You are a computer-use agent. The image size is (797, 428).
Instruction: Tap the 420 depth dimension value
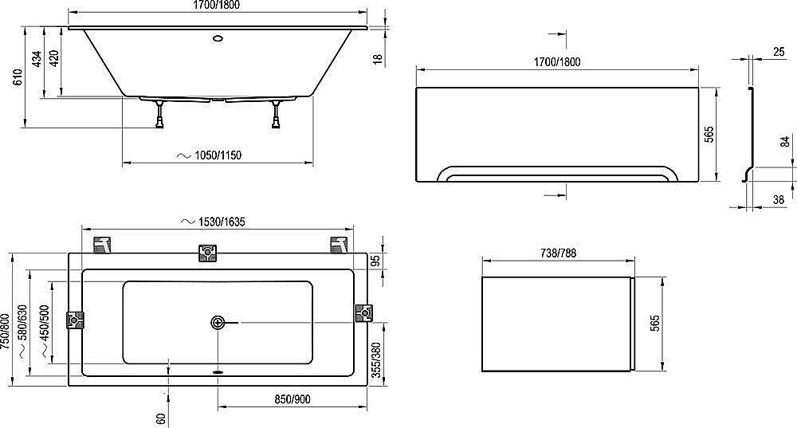click(x=53, y=58)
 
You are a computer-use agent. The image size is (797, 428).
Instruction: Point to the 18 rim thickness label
click(x=379, y=57)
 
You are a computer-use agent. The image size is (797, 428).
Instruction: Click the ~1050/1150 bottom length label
click(x=208, y=155)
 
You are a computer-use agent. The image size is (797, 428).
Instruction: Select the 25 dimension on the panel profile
click(x=778, y=51)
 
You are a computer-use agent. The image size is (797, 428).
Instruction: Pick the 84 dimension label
click(x=784, y=143)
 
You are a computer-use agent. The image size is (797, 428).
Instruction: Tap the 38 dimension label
click(x=778, y=201)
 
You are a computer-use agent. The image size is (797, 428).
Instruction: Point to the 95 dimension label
click(x=375, y=262)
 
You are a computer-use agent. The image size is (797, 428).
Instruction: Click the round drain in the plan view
click(x=218, y=323)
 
